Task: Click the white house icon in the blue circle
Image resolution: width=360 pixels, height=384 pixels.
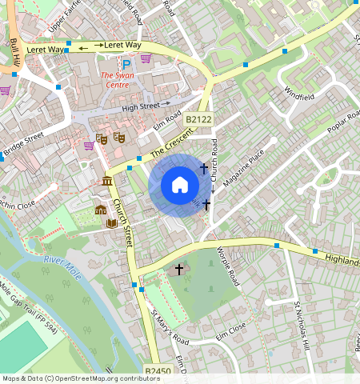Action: (180, 185)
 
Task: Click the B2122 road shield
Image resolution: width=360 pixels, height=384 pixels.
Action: (198, 119)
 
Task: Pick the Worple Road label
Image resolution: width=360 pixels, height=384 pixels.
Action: (227, 266)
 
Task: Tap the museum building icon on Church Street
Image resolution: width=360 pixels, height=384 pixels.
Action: (107, 182)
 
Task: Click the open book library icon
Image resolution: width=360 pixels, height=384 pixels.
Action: (113, 222)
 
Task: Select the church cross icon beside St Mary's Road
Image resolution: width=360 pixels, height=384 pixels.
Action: (179, 270)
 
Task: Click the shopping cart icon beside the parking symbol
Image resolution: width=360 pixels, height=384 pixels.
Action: (146, 58)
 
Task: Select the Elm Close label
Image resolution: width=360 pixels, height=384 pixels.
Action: (230, 327)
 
